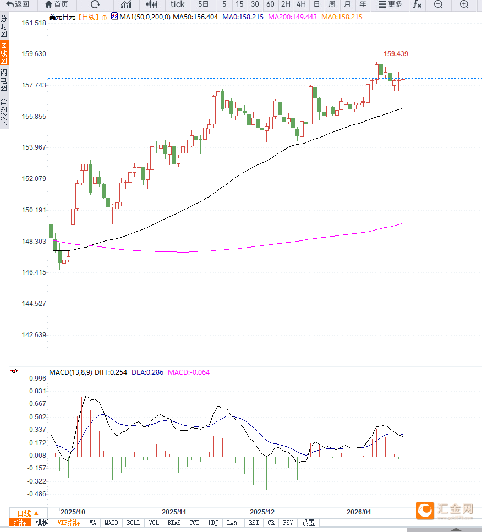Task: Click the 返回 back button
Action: pos(18,4)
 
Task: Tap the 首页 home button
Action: pos(57,4)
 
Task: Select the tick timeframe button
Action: pos(177,4)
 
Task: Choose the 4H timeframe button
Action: pos(301,4)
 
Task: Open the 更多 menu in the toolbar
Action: pos(390,4)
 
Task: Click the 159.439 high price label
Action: pos(396,54)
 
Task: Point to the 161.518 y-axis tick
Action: pos(34,23)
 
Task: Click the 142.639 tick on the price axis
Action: pos(34,335)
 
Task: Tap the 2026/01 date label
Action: pos(359,511)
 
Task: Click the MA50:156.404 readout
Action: pos(195,17)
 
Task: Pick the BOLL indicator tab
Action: pos(134,523)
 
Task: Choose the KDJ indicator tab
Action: pos(213,523)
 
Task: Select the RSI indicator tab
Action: pos(254,523)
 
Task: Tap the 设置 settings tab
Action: pos(308,523)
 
